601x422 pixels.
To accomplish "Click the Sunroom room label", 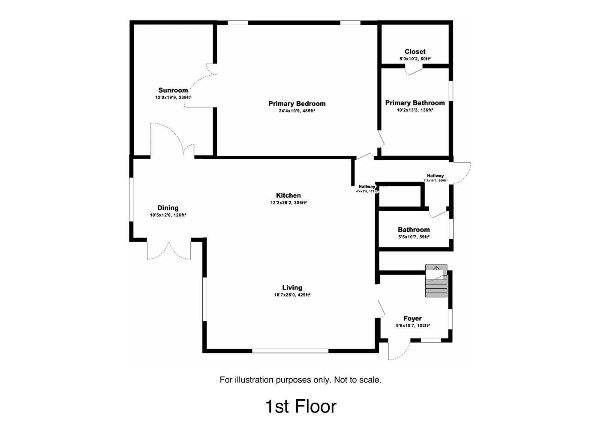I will (173, 90).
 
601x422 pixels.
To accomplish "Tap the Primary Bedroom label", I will (297, 104).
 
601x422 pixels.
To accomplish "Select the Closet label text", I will (415, 52).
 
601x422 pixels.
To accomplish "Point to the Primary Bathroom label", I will (415, 103).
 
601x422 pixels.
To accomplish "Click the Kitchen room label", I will (288, 196).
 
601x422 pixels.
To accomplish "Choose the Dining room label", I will (168, 208).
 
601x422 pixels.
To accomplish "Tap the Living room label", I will (292, 288).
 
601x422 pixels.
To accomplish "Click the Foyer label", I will (412, 319).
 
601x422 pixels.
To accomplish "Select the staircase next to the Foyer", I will (436, 281).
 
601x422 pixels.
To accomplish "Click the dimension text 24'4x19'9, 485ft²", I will (297, 111).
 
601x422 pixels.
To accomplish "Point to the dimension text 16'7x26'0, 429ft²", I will (292, 295).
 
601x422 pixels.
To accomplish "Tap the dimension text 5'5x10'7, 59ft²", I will (414, 237).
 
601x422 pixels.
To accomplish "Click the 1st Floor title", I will (300, 406).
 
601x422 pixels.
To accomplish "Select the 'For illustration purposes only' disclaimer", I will (300, 380).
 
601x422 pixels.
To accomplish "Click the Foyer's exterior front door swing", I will (398, 351).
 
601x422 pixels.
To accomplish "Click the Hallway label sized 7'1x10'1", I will (435, 176).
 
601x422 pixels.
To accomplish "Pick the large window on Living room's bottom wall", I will (290, 351).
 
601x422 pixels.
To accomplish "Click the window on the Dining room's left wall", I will (132, 199).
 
